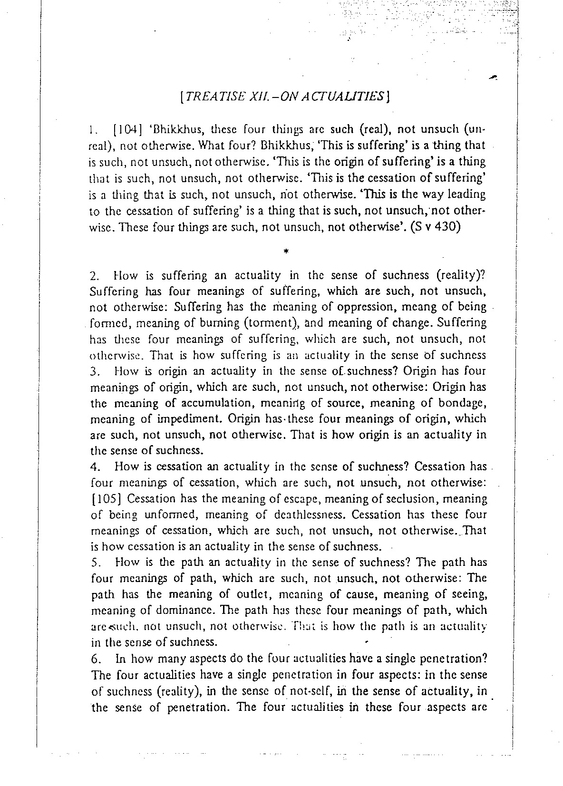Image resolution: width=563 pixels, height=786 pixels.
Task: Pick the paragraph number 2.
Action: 94,276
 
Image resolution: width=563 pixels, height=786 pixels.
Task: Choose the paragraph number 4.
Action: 94,466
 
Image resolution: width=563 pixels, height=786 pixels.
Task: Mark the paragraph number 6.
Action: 94,659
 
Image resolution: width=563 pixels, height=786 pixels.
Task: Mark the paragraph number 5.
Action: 94,563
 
